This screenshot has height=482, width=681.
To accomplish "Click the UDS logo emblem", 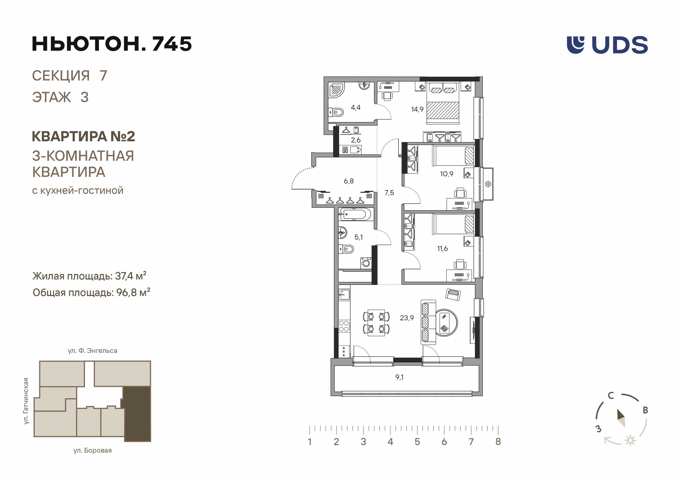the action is click(x=575, y=45).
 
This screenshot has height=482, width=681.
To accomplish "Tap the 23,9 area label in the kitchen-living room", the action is click(x=407, y=318).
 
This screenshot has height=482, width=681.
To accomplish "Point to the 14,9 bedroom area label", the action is click(x=417, y=109).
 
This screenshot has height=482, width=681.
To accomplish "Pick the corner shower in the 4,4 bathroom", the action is click(x=336, y=90).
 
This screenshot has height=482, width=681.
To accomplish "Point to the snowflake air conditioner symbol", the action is click(x=488, y=184).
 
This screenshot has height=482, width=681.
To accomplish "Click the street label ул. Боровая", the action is click(x=92, y=451).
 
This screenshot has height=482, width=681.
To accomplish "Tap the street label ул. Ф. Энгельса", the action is click(x=92, y=351).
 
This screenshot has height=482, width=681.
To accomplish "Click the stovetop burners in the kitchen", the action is click(x=344, y=326).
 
